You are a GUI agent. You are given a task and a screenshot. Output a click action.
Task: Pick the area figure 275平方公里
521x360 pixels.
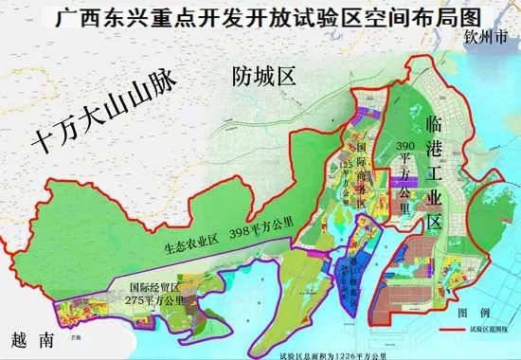[x=157, y=299]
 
